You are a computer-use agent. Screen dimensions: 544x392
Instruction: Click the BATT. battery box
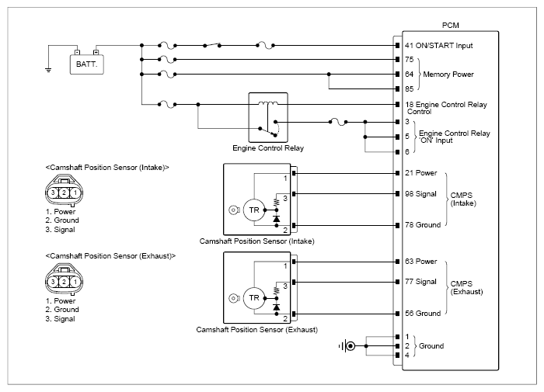[x=87, y=64]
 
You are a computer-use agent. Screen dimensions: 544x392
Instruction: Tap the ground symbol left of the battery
[x=48, y=70]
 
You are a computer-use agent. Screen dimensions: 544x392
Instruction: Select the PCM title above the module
[x=450, y=26]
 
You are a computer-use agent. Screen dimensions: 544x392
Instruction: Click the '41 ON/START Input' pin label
[x=439, y=45]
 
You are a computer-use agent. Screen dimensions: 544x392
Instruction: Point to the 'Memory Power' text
[x=448, y=75]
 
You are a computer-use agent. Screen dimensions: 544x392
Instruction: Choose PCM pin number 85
[x=410, y=88]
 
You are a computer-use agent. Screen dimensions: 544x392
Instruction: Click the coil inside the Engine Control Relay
[x=268, y=103]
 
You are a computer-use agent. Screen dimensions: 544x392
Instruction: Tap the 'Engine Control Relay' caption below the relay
[x=268, y=148]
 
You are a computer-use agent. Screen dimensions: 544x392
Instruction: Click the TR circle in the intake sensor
[x=254, y=210]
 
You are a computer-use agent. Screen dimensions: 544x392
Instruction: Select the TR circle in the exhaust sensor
[x=254, y=298]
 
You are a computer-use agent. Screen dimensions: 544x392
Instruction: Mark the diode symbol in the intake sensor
[x=277, y=219]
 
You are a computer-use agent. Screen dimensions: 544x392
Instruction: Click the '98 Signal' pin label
[x=420, y=194]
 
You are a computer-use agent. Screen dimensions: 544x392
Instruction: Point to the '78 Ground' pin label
[x=423, y=225]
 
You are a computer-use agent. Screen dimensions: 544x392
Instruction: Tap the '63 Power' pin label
[x=421, y=262]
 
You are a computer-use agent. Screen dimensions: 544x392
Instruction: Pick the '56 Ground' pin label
[x=423, y=314]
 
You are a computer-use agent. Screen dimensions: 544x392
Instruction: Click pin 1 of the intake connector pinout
[x=75, y=193]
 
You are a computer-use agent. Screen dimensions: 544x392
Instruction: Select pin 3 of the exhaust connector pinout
[x=53, y=282]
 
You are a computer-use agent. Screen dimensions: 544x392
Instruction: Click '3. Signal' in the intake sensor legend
[x=60, y=230]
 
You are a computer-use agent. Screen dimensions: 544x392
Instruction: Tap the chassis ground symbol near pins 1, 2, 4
[x=347, y=346]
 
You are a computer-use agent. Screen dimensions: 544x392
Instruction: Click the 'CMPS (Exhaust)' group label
[x=466, y=288]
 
